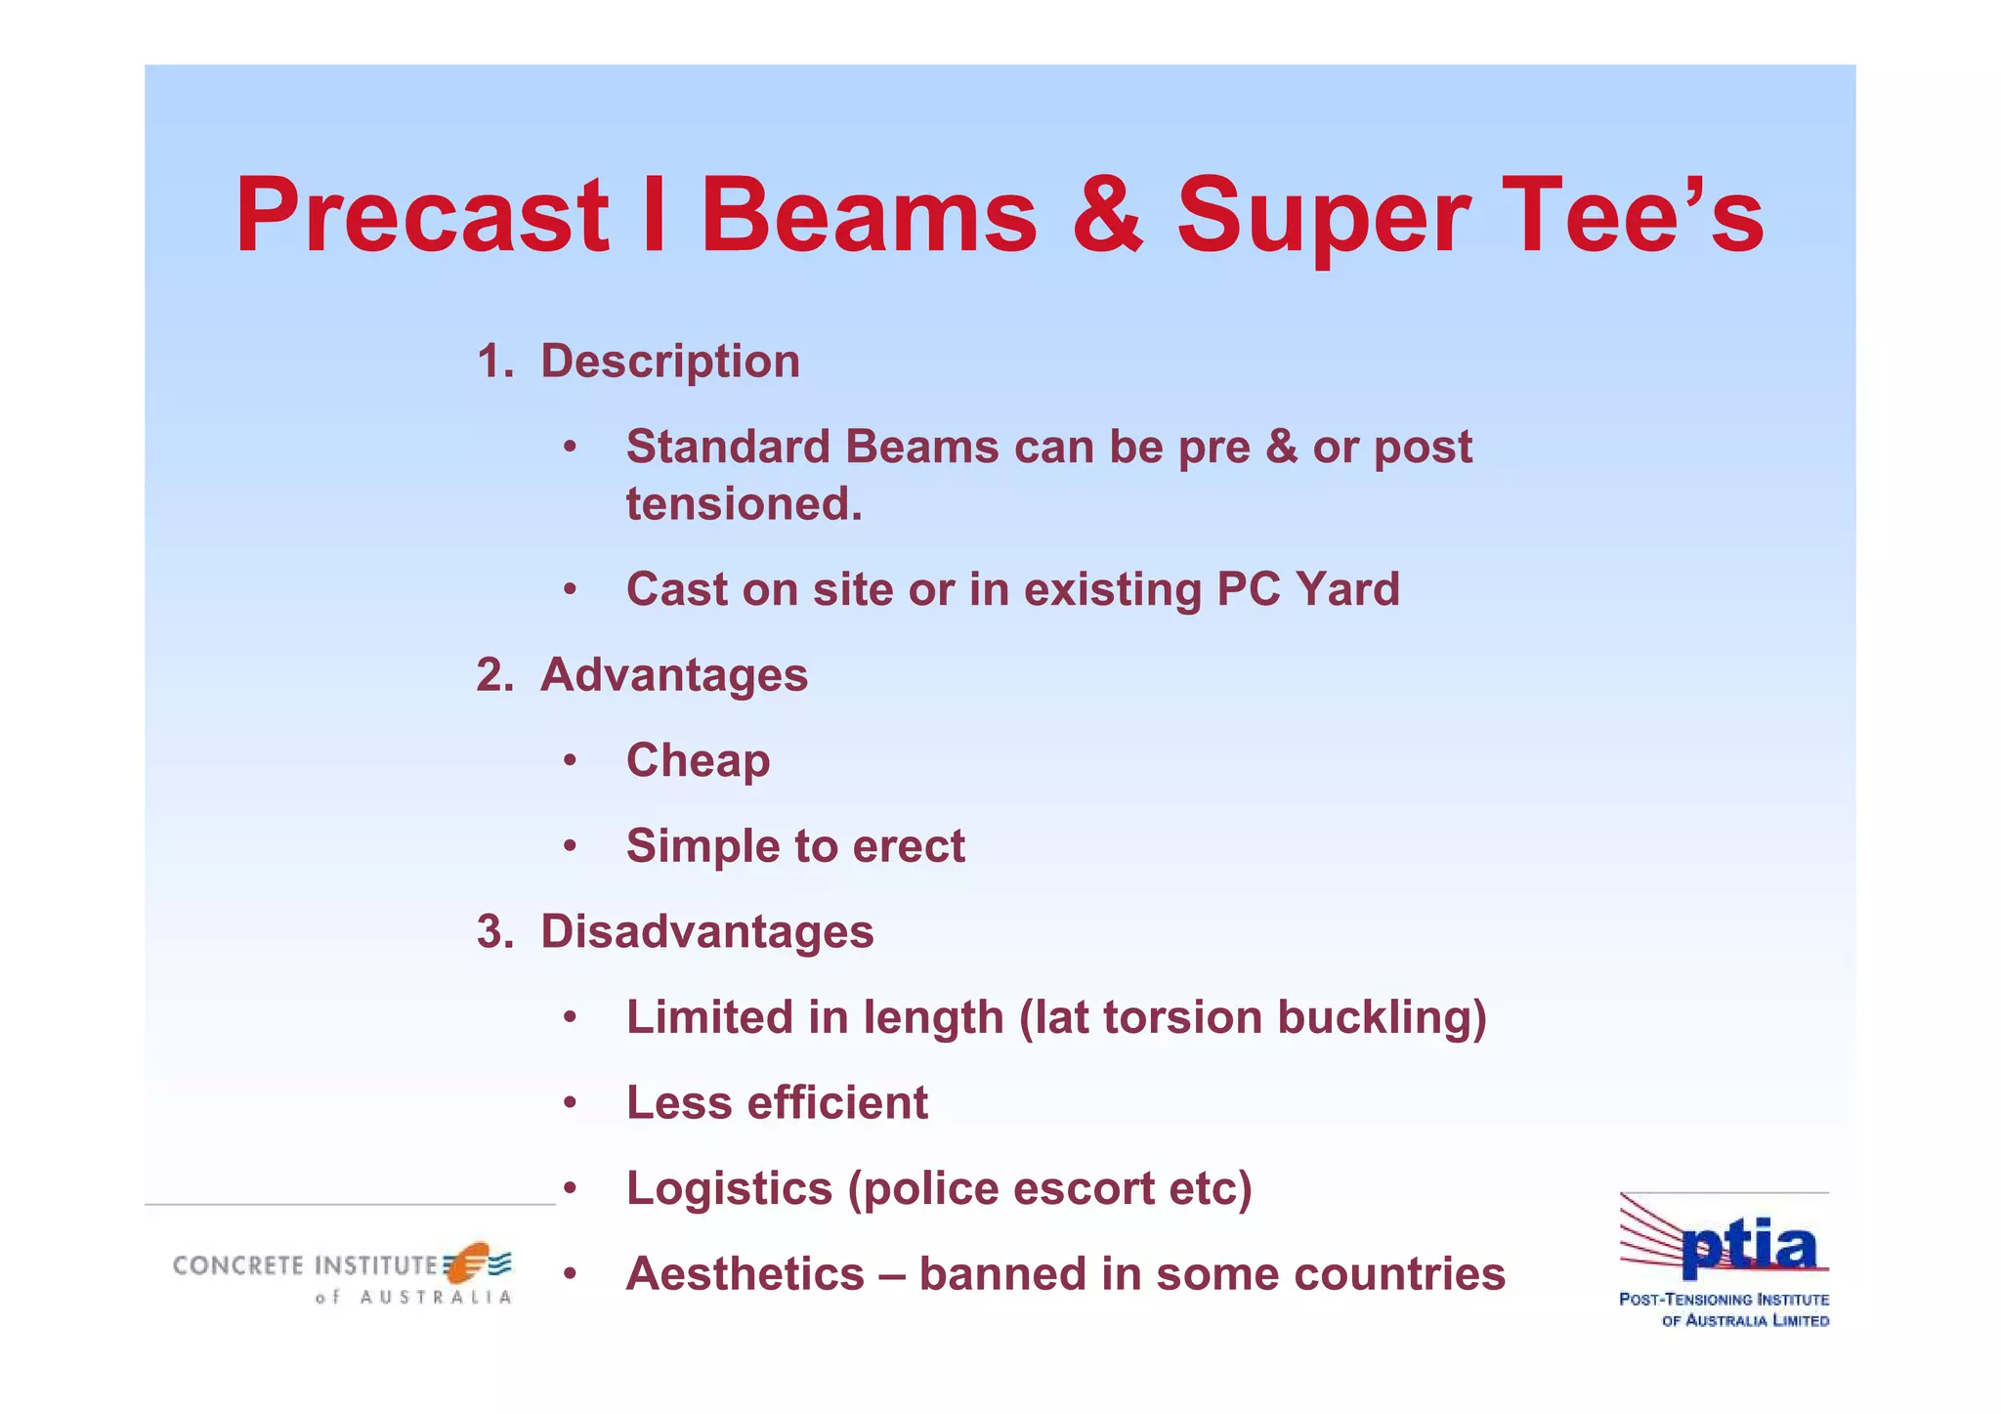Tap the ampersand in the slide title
(x=1107, y=217)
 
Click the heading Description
(x=670, y=362)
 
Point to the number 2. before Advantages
(x=494, y=675)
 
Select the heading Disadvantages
(x=706, y=931)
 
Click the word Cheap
(x=698, y=761)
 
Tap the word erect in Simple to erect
(x=909, y=846)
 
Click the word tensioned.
(x=744, y=505)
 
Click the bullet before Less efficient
(x=571, y=1104)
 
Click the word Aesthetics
(x=745, y=1274)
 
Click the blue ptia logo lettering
(x=1749, y=1248)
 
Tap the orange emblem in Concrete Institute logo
(x=469, y=1262)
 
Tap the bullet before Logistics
(x=571, y=1189)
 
